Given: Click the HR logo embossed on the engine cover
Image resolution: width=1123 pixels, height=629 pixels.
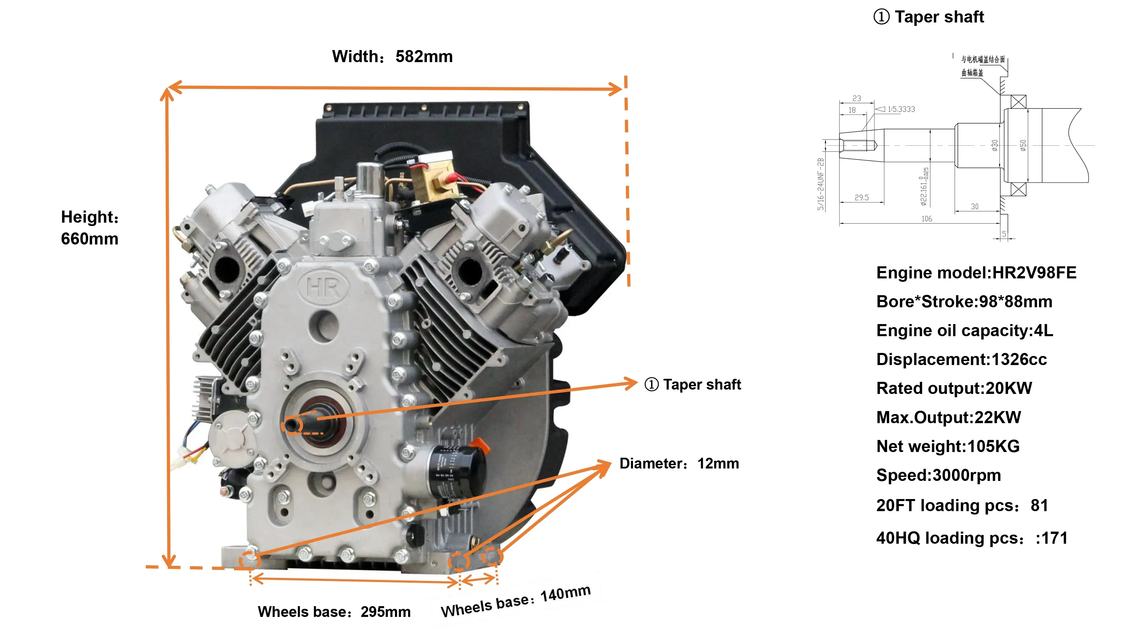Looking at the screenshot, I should (323, 287).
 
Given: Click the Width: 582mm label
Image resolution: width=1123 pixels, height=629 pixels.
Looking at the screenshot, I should (392, 57).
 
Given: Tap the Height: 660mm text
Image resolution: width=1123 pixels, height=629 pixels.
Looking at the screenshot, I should (90, 227).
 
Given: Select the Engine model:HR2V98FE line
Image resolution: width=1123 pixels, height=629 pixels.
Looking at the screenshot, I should (976, 273).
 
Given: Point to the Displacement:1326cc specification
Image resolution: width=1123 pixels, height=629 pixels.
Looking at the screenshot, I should (961, 359).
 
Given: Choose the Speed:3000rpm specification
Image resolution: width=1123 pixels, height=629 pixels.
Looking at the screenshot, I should (938, 475).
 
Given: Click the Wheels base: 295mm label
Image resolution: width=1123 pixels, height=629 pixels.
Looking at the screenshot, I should (334, 612).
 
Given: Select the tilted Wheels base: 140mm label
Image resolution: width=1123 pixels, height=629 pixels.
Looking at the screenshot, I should (516, 601).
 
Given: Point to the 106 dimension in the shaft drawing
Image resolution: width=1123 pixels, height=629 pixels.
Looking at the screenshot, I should (926, 219).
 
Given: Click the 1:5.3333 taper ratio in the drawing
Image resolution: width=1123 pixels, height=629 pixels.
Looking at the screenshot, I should (901, 109).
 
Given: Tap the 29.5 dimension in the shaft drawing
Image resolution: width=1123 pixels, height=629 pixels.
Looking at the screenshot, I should (861, 198).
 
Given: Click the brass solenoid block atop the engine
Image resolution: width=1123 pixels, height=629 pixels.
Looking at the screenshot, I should (432, 179).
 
